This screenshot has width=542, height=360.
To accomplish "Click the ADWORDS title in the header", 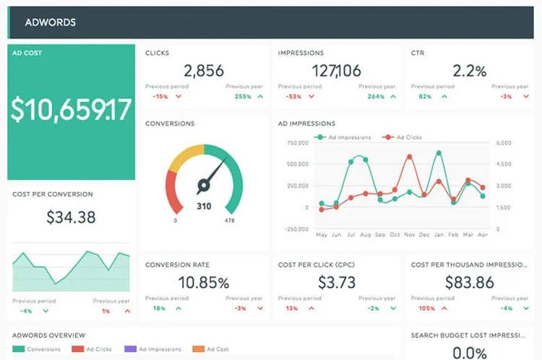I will (x=50, y=22).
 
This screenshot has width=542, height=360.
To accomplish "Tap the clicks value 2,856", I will (x=203, y=70).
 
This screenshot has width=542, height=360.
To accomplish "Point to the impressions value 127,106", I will (x=337, y=70).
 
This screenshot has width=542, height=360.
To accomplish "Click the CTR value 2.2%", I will (x=470, y=70).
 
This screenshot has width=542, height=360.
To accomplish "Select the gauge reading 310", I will (x=204, y=207).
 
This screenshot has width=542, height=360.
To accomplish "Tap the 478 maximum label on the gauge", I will (x=229, y=220).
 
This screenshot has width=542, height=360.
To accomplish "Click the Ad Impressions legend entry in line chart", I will (x=349, y=137).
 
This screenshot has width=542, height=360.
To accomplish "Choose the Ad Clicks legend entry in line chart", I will (x=408, y=137).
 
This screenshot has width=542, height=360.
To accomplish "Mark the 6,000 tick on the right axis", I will (x=504, y=142).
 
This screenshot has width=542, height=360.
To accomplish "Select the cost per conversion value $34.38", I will (x=71, y=216).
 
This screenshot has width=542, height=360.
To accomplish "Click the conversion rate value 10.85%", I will (x=203, y=282).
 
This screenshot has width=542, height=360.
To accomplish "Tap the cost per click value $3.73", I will (x=337, y=282).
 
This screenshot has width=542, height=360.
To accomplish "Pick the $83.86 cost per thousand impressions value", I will (x=470, y=282).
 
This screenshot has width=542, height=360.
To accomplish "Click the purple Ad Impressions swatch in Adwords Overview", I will (x=130, y=349).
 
